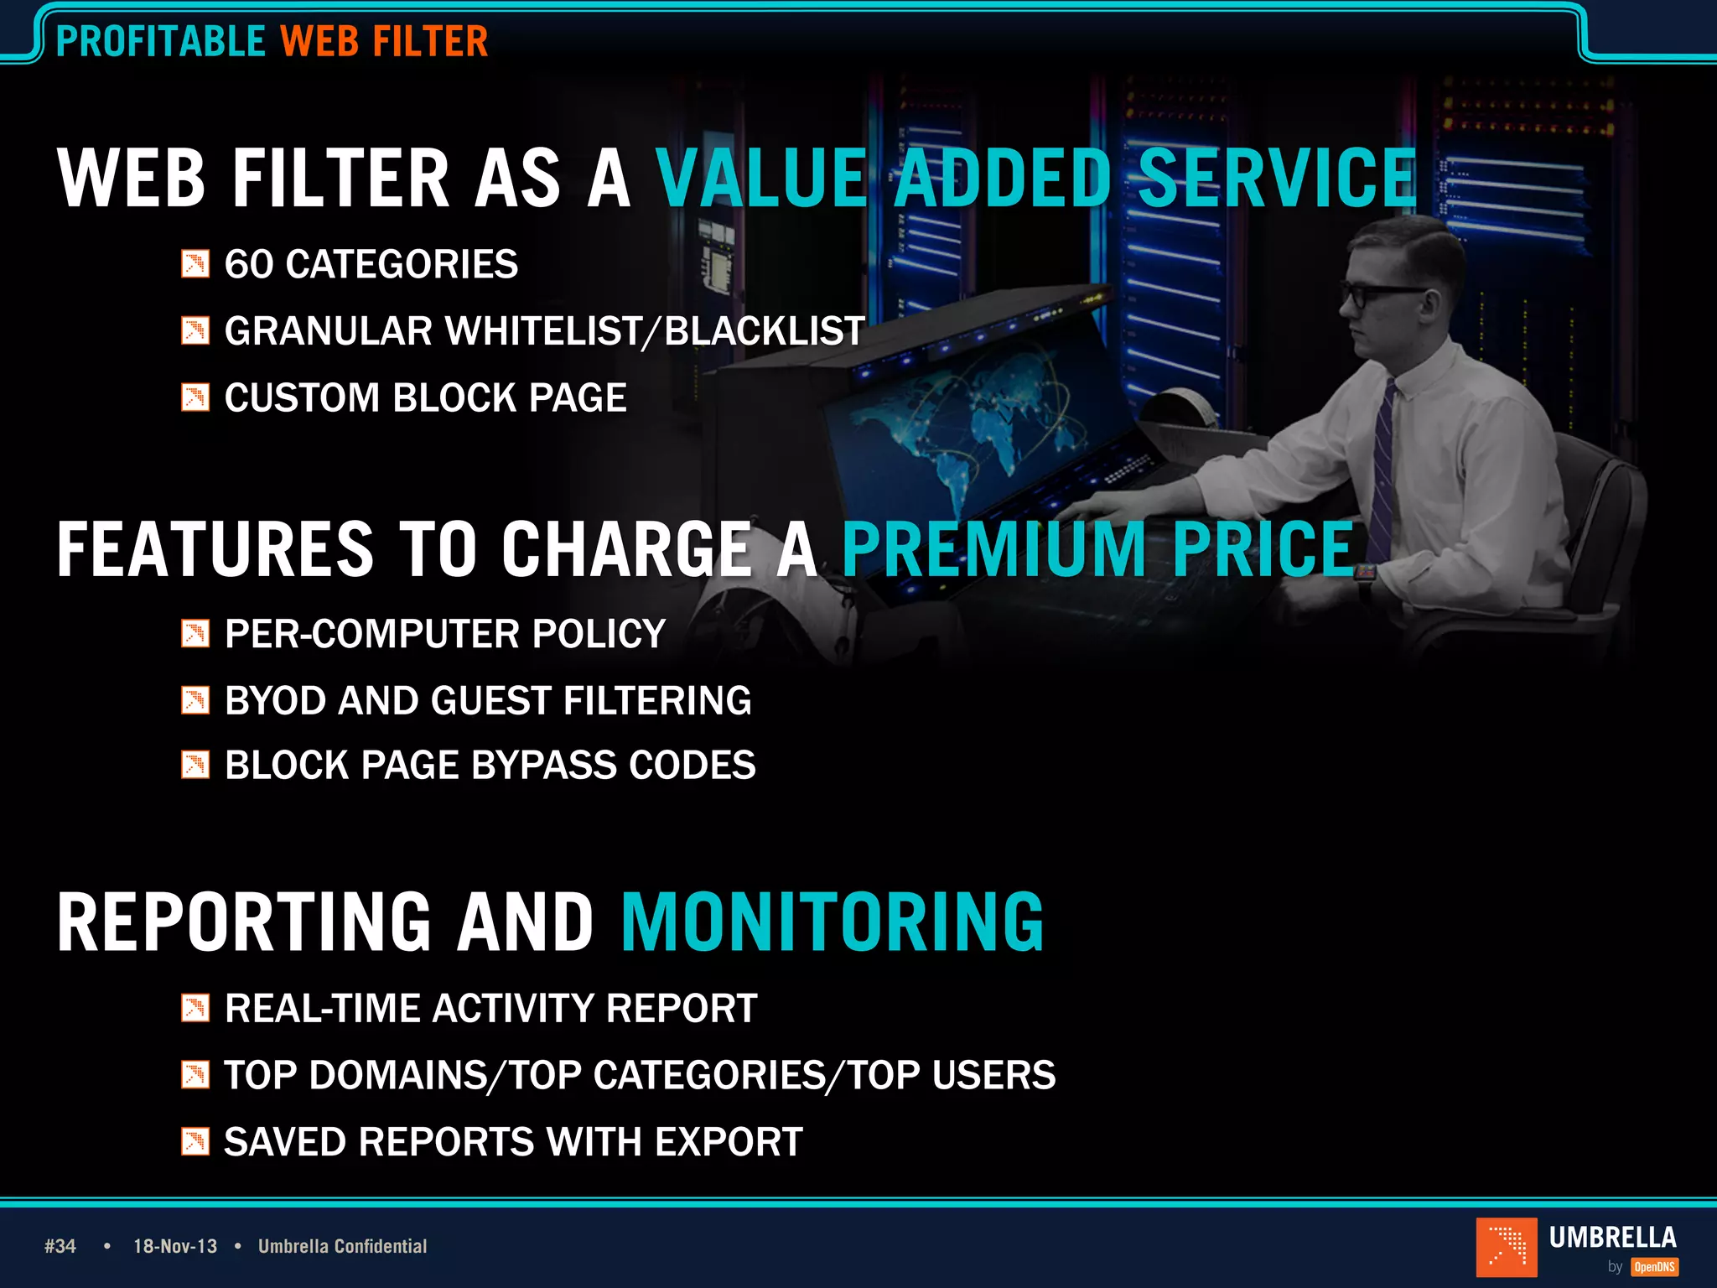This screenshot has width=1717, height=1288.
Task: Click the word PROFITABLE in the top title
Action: point(160,41)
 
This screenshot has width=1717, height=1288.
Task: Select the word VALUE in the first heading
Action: point(761,178)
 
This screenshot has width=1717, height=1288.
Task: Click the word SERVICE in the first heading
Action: point(1276,178)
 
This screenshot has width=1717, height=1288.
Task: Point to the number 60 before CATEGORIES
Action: point(249,264)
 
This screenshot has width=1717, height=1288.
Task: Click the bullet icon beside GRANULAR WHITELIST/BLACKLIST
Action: point(195,330)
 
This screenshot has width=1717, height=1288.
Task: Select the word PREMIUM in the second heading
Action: point(993,549)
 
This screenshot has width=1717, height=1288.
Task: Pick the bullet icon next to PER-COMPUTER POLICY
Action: point(195,633)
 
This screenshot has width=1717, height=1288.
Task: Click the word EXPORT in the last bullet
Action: point(729,1142)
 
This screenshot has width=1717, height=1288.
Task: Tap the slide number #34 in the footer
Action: point(60,1246)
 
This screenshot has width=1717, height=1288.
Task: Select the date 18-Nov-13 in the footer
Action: point(175,1246)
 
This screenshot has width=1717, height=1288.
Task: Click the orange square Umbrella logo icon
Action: point(1506,1246)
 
